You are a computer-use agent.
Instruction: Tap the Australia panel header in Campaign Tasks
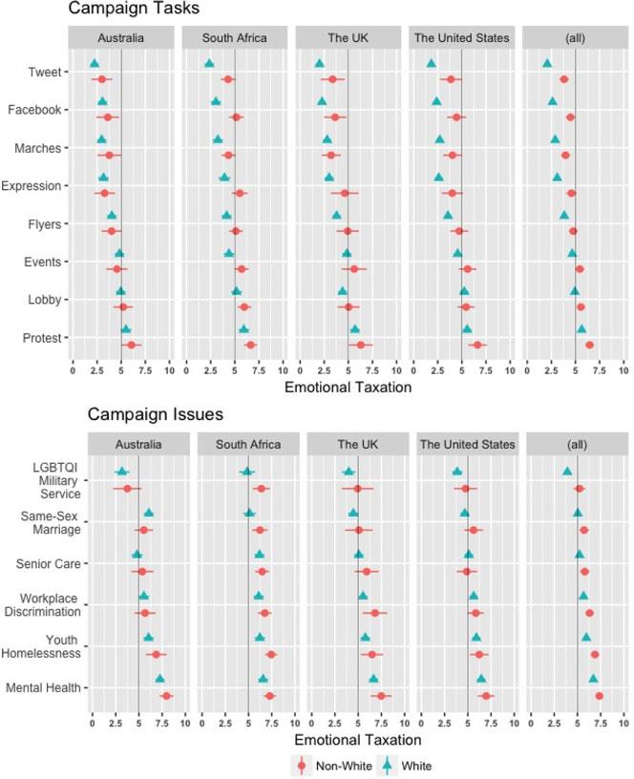click(121, 38)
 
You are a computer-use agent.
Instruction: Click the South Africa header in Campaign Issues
click(247, 445)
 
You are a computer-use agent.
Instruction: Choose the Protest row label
click(42, 338)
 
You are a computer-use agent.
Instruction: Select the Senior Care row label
click(53, 563)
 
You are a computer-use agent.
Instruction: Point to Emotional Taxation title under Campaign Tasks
click(348, 388)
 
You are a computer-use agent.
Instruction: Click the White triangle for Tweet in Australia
click(94, 63)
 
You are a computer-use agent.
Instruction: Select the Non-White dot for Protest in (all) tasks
click(589, 345)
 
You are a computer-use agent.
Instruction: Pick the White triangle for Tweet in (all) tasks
click(547, 63)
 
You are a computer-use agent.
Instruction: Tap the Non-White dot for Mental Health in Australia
click(166, 696)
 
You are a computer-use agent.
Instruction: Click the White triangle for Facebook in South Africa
click(216, 101)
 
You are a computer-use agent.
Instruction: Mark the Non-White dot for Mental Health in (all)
click(600, 696)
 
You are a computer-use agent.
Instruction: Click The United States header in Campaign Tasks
click(462, 38)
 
